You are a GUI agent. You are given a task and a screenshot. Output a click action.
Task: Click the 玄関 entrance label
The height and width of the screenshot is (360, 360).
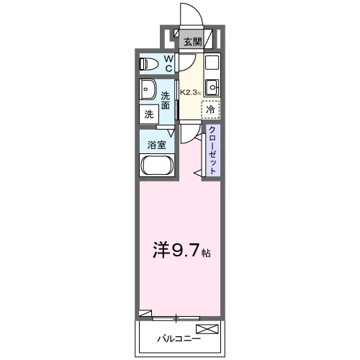tap(192, 42)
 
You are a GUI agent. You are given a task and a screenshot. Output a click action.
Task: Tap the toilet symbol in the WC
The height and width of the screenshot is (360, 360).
tap(149, 64)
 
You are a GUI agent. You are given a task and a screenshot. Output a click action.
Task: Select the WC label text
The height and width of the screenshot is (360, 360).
tap(169, 63)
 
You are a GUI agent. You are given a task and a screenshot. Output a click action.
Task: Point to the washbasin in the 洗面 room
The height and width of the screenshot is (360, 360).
tap(148, 89)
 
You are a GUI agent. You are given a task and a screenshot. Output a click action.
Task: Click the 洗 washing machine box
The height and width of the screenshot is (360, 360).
tap(149, 114)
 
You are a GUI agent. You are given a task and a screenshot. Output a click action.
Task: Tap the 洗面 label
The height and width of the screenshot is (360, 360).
tap(166, 100)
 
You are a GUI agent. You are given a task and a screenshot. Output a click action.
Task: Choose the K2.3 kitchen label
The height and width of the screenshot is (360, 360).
tap(190, 92)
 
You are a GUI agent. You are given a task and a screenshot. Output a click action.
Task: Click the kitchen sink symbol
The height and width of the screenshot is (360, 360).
tap(212, 87)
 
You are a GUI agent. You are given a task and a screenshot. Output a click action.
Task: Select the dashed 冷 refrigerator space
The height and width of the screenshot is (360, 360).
tap(210, 109)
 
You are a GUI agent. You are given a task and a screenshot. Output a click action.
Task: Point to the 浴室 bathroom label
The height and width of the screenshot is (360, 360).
tap(157, 145)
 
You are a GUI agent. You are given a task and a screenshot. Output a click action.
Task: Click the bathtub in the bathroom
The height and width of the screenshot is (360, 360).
tap(157, 165)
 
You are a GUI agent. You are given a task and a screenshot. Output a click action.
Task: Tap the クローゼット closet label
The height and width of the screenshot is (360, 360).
tap(212, 150)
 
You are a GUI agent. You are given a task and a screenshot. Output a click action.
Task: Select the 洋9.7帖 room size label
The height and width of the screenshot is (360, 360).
tap(181, 250)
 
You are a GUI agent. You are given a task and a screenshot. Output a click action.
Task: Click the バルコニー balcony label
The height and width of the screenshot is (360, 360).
tap(179, 339)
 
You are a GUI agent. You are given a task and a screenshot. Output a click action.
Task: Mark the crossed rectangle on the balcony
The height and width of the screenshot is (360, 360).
tap(207, 329)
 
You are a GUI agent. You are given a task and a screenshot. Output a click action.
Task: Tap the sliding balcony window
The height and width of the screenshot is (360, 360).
tap(176, 318)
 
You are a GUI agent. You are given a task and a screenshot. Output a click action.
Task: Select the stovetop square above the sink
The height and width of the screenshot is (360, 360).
tap(212, 63)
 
